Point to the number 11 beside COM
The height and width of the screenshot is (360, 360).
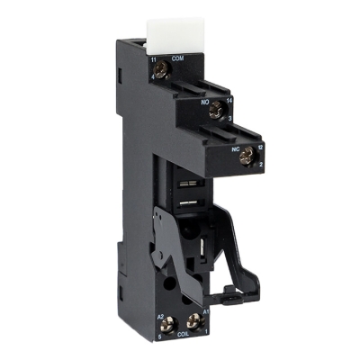coord(155,58)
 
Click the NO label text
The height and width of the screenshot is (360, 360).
coord(204,103)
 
